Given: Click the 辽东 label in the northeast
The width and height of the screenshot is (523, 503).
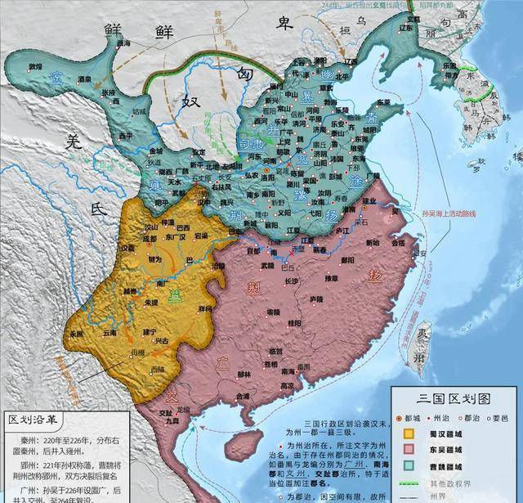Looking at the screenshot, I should (x=352, y=61).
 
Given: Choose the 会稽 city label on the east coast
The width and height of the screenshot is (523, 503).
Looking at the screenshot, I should (x=398, y=243).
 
